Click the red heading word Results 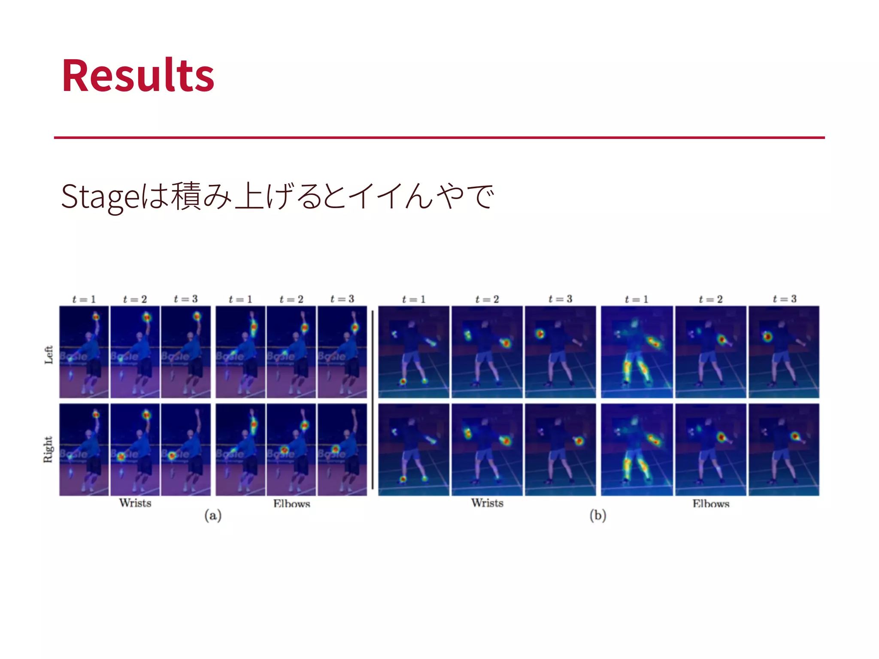(x=138, y=76)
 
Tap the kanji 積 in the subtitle (x=186, y=196)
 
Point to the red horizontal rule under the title (x=439, y=138)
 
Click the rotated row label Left (x=48, y=355)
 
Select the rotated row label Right (x=48, y=449)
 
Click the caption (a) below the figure (x=213, y=515)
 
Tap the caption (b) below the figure (x=597, y=515)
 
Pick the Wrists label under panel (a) (x=135, y=503)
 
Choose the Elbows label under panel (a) (x=291, y=504)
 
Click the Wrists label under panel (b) (x=487, y=503)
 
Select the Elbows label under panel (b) (x=711, y=504)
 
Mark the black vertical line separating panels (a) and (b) (x=372, y=399)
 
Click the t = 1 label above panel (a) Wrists (x=84, y=299)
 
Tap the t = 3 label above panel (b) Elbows (x=784, y=299)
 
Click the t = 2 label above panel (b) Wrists (x=487, y=299)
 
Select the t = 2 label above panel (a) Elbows (x=291, y=299)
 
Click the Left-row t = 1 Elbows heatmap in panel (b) (x=637, y=352)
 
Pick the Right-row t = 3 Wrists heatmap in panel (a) (x=186, y=450)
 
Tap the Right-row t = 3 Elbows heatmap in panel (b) (x=784, y=450)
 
